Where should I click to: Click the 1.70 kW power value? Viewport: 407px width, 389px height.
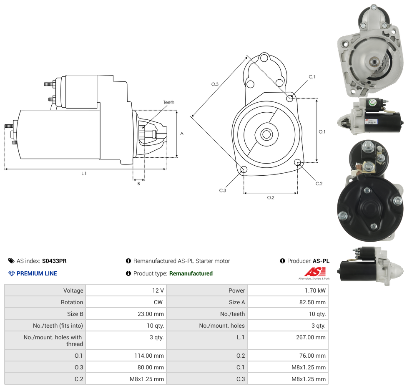(x=316, y=290)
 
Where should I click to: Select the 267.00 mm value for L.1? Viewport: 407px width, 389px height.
(x=311, y=337)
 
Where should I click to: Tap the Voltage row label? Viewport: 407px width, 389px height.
(x=73, y=290)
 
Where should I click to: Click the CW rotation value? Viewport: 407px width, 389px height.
(x=159, y=302)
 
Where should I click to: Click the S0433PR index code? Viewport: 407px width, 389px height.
(x=54, y=261)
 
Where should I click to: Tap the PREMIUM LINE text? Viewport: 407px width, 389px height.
(x=37, y=273)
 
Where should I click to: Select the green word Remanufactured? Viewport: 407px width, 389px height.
(x=191, y=273)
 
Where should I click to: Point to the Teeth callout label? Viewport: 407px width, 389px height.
(x=169, y=102)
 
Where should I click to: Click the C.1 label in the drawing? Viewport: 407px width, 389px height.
(x=312, y=77)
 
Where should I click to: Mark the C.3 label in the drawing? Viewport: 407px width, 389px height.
(x=223, y=190)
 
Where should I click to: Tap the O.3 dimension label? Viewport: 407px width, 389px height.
(x=215, y=84)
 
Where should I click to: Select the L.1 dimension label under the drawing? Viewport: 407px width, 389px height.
(x=84, y=173)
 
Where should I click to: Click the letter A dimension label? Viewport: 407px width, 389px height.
(x=182, y=134)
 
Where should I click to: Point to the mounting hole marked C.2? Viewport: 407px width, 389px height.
(x=298, y=162)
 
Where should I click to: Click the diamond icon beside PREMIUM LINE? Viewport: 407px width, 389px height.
(x=12, y=273)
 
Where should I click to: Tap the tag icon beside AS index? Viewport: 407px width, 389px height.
(x=11, y=261)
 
